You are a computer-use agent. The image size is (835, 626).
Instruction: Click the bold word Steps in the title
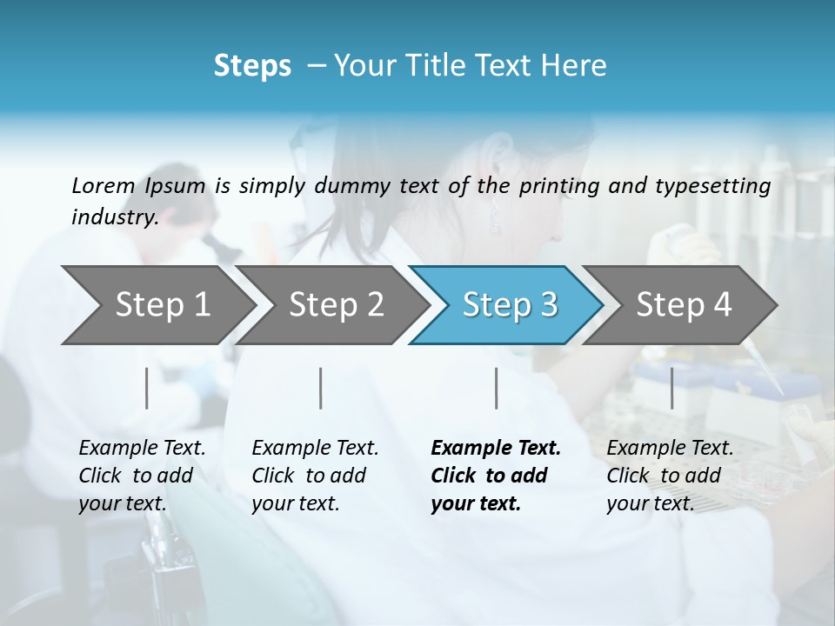(x=252, y=66)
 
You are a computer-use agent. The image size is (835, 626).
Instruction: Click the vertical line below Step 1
(x=147, y=388)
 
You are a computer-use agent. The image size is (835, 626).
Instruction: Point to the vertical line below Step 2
(x=321, y=388)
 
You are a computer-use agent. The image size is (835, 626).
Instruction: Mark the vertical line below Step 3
(x=497, y=388)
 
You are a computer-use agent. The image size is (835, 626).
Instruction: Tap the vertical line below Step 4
(x=672, y=388)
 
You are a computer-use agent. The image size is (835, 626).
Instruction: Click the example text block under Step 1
(x=142, y=476)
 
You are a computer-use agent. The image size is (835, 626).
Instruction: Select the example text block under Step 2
(x=315, y=476)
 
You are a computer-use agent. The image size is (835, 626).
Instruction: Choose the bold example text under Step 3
(x=496, y=476)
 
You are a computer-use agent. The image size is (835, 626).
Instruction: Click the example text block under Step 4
(x=670, y=476)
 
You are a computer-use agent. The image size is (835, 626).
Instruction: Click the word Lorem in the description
(x=104, y=185)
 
